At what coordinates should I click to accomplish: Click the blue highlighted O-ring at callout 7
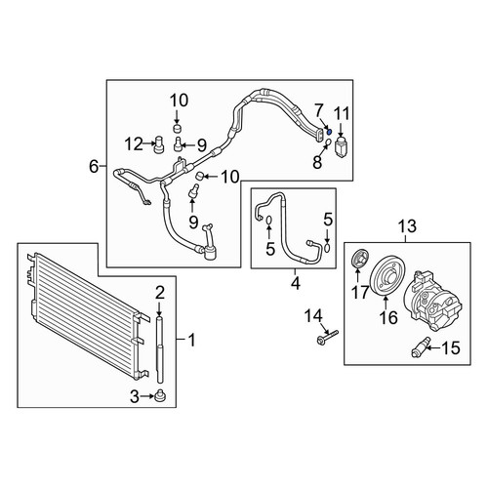(x=329, y=132)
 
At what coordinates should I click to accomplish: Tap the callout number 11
(x=342, y=114)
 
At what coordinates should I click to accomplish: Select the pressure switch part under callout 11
(x=341, y=147)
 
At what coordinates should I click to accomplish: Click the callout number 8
(x=317, y=162)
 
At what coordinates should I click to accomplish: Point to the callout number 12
(x=135, y=144)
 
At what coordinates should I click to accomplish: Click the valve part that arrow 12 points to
(x=158, y=143)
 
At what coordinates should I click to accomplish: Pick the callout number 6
(x=94, y=167)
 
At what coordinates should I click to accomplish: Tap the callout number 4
(x=296, y=284)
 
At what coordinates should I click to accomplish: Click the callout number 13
(x=407, y=226)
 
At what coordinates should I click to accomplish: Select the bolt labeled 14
(x=327, y=337)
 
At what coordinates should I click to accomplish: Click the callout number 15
(x=451, y=347)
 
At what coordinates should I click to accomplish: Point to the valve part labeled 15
(x=421, y=347)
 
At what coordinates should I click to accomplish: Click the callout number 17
(x=361, y=292)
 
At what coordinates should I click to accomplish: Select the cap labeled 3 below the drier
(x=161, y=396)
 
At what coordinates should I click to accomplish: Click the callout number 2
(x=160, y=293)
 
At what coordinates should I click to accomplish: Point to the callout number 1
(x=192, y=340)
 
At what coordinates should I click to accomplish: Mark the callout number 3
(x=135, y=396)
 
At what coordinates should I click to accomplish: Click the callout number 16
(x=389, y=317)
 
